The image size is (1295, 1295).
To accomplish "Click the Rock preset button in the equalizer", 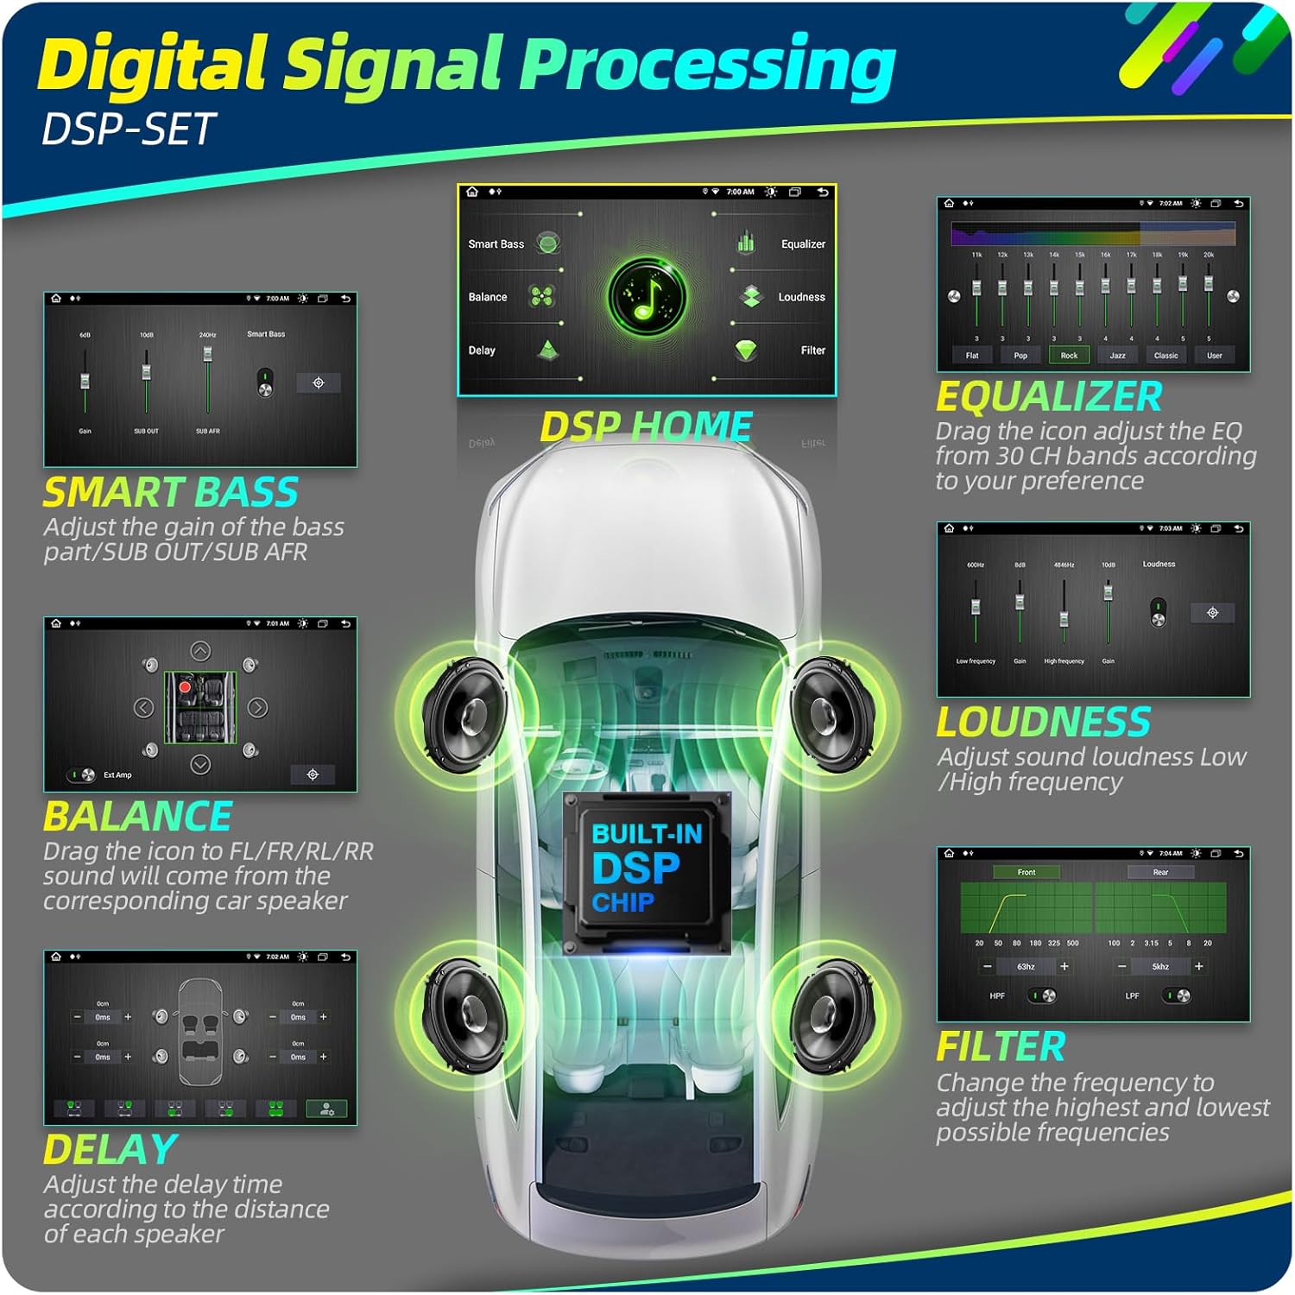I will [x=1069, y=355].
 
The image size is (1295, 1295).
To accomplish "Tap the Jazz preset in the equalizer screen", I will [x=1117, y=355].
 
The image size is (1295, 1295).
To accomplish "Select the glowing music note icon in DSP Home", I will [x=647, y=297].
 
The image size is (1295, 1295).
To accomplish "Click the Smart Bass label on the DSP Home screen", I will [x=496, y=244].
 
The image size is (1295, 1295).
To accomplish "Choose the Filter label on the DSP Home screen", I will [x=812, y=351].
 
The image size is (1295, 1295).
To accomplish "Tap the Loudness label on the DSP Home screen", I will [x=801, y=297].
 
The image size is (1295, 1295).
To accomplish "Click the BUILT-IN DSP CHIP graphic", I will [x=647, y=871].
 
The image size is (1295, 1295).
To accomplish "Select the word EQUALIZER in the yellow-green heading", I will [x=1049, y=397].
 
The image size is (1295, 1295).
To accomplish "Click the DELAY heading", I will [x=111, y=1150].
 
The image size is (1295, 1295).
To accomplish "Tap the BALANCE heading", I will [x=138, y=817].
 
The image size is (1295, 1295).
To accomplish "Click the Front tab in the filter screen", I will [x=1026, y=872].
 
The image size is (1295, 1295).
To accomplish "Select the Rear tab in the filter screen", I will [x=1160, y=872].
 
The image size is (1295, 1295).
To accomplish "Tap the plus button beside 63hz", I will [x=1064, y=967].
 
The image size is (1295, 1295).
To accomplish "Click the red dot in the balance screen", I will [x=185, y=687].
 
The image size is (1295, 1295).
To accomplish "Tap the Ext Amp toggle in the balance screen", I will [x=84, y=774].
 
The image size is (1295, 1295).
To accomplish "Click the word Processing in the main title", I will [x=708, y=65].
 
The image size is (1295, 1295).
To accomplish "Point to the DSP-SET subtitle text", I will [x=128, y=129].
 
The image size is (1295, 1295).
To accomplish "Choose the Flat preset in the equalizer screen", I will [x=972, y=355].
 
